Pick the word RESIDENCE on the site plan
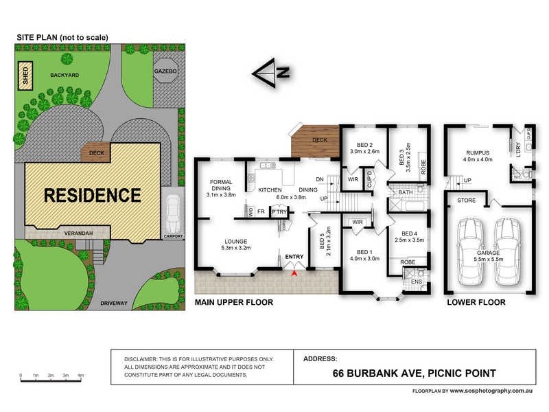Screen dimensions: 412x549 [x=93, y=195]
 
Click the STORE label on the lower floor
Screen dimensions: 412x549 [x=467, y=201]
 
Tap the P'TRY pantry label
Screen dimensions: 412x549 [x=278, y=212]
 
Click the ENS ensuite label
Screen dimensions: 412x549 [x=416, y=282]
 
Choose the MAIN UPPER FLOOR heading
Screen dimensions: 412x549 [x=234, y=302]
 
